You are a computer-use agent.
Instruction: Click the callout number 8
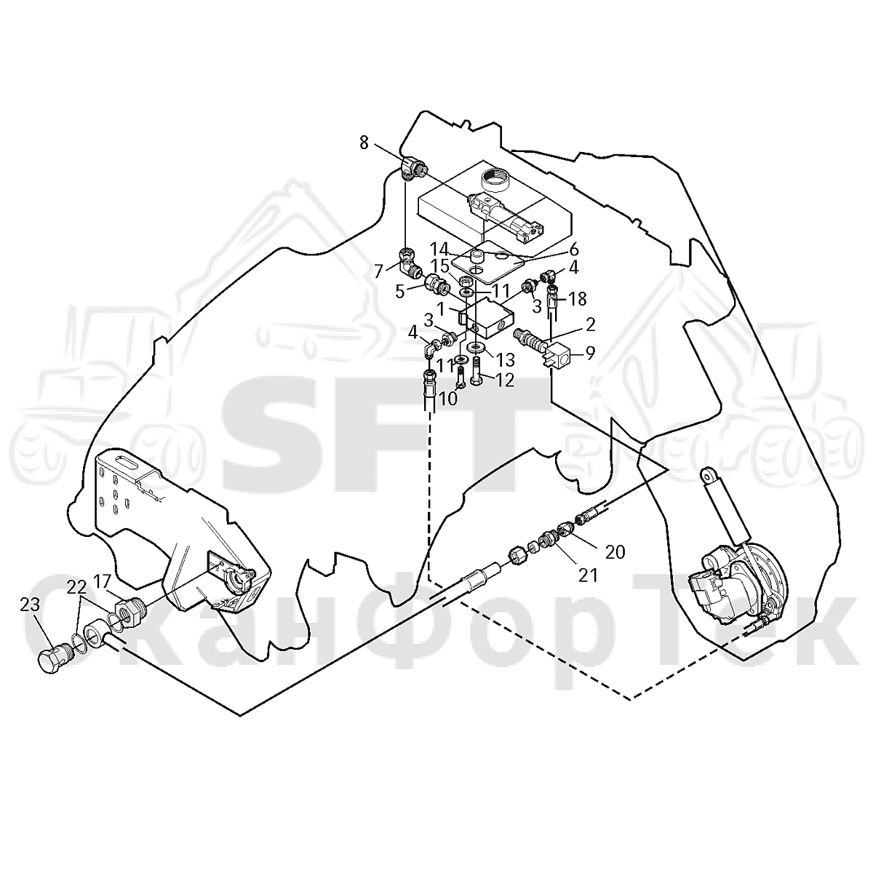click(x=364, y=143)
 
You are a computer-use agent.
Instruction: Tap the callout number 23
click(x=30, y=605)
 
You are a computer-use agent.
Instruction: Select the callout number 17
click(x=103, y=581)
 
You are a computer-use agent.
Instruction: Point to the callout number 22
click(x=76, y=588)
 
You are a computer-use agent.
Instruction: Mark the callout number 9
click(x=589, y=354)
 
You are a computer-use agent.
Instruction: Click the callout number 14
click(x=439, y=249)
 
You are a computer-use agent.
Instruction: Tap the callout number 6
click(x=573, y=249)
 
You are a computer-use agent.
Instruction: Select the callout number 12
click(x=505, y=380)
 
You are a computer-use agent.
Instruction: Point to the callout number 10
click(x=449, y=399)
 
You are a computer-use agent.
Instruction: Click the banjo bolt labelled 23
click(x=53, y=657)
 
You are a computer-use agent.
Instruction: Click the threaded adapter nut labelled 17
click(x=129, y=611)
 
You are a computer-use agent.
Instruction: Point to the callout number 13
click(x=506, y=360)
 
